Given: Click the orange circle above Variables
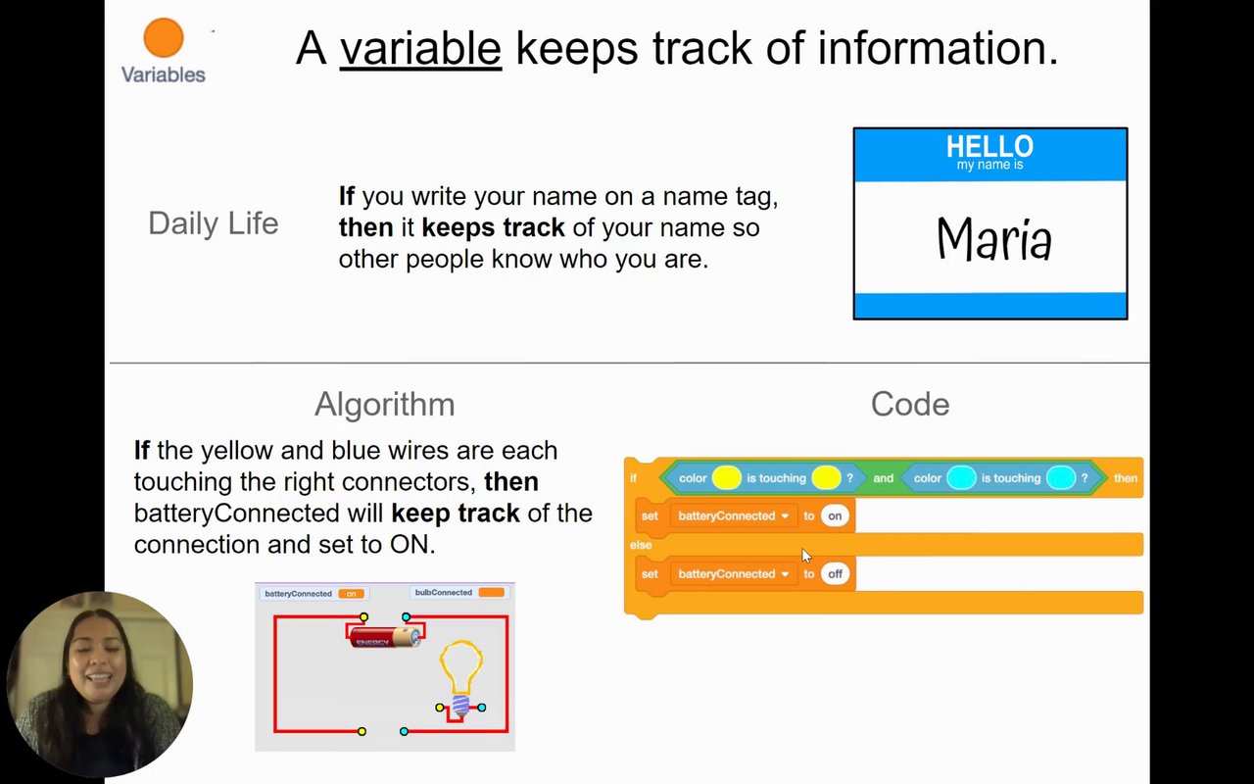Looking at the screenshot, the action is click(164, 37).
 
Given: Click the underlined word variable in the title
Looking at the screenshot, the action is click(420, 48).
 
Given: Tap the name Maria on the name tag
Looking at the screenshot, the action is click(994, 238).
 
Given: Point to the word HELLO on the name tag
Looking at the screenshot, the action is click(989, 146).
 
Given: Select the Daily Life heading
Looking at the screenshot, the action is click(214, 223).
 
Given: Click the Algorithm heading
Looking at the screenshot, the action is click(385, 405).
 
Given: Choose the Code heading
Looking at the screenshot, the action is click(910, 404).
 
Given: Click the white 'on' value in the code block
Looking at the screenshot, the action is click(835, 515).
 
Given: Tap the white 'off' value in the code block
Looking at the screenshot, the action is click(835, 574).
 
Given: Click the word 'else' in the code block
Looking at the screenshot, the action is click(641, 545).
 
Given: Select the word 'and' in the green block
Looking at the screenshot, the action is click(883, 478).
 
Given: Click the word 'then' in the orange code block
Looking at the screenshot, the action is click(1126, 478).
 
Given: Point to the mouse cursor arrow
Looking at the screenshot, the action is click(806, 556).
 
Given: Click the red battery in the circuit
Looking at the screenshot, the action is click(386, 637).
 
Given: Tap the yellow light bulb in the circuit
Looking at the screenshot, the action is click(461, 677).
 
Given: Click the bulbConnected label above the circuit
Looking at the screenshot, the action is click(444, 593).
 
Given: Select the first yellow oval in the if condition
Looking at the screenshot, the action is click(726, 478).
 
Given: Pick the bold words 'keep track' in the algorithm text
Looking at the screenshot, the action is click(456, 514).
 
